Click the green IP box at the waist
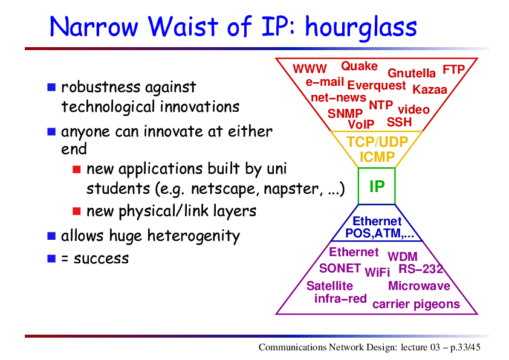[377, 186]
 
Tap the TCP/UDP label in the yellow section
[377, 142]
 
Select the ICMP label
[377, 157]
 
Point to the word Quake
[359, 66]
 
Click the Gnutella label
[411, 73]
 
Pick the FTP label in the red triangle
[454, 69]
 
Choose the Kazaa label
[430, 89]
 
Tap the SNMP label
[345, 114]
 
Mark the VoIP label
[361, 124]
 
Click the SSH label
[399, 122]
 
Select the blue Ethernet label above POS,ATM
[377, 221]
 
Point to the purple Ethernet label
[354, 252]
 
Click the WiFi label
[377, 272]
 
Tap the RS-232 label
[421, 269]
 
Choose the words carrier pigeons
[416, 304]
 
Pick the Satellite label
[329, 286]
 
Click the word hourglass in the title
[361, 28]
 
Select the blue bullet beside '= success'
[51, 259]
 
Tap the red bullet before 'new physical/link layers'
[77, 211]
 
